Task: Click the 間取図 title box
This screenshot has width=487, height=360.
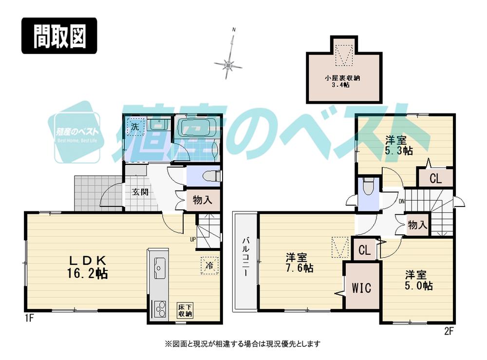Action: tap(59, 36)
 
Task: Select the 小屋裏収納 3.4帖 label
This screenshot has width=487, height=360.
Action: tap(343, 81)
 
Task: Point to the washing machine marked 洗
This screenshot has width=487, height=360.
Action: tap(133, 127)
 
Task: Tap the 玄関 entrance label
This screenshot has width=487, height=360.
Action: tap(140, 192)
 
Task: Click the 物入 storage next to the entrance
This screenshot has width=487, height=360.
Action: tap(198, 199)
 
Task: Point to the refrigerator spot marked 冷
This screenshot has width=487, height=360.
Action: tap(208, 265)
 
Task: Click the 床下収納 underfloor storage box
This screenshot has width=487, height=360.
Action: tap(185, 310)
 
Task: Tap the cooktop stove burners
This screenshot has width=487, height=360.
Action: tap(159, 309)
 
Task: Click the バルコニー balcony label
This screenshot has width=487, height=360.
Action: tap(246, 260)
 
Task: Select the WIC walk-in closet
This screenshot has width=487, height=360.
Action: tap(361, 287)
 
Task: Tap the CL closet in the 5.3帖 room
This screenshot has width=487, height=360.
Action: tap(435, 178)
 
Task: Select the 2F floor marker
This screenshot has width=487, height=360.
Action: tap(449, 331)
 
